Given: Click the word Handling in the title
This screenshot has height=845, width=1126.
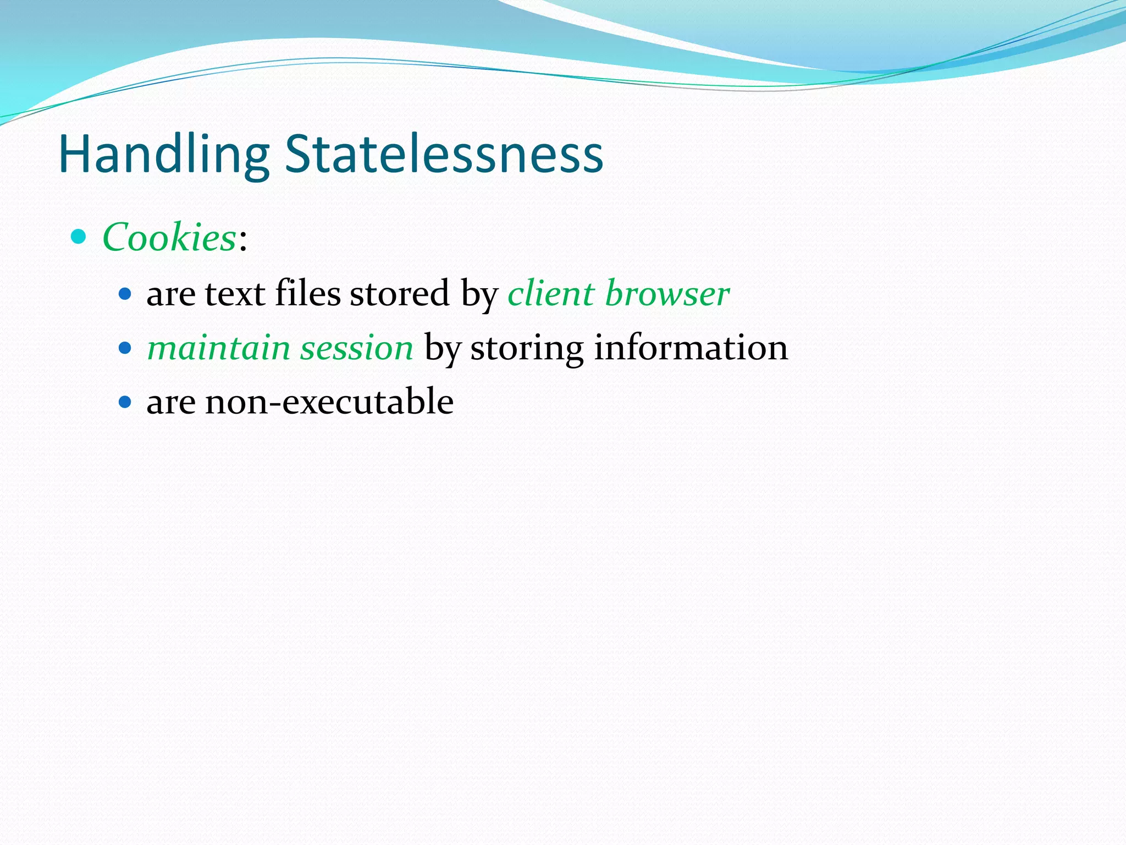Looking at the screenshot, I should (164, 155).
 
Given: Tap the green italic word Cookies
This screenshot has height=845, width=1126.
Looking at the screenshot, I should (169, 238).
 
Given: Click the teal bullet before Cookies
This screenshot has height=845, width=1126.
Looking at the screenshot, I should (79, 237).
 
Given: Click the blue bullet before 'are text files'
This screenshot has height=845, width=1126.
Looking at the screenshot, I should (125, 294).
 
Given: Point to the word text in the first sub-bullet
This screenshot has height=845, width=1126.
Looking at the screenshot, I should (235, 294).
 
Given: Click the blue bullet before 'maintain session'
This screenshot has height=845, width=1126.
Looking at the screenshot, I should (125, 348).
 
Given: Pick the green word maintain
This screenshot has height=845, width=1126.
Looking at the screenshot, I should (219, 348).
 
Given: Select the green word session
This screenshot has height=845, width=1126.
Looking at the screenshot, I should (357, 349).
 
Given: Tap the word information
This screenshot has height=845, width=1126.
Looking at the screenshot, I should (691, 348).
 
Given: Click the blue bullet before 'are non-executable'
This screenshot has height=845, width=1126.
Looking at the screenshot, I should (125, 402).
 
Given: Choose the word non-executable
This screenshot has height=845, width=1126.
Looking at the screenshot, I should (329, 402).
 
